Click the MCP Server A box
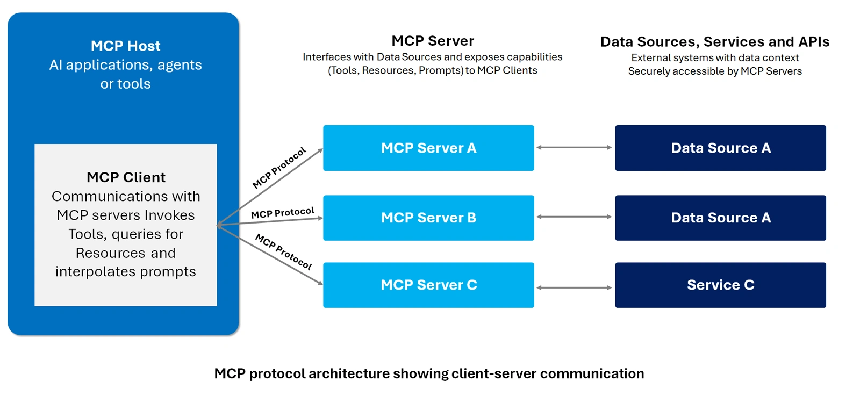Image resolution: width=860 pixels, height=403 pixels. point(428,148)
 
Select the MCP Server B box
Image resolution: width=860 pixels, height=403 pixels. point(428,218)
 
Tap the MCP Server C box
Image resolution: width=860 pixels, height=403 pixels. point(428,285)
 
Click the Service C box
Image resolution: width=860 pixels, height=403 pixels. point(720,285)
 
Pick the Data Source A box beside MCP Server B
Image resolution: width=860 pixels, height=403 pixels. point(720,218)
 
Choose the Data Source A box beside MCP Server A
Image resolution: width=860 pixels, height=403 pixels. point(720,148)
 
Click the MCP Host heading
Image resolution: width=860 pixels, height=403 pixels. point(125,46)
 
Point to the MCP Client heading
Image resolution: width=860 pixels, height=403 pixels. point(126,177)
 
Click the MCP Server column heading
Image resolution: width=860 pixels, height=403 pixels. point(433,41)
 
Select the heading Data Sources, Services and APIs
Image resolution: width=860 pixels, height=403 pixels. point(714,42)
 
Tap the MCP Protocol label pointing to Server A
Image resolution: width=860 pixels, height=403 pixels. point(279,168)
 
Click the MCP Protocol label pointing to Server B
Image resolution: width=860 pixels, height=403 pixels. point(283,213)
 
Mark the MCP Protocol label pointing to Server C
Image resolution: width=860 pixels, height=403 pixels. point(283,251)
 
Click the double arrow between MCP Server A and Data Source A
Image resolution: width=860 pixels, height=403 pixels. point(574,147)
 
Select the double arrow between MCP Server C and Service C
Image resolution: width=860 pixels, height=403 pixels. point(574,287)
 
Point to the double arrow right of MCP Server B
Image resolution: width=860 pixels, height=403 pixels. point(574,217)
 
